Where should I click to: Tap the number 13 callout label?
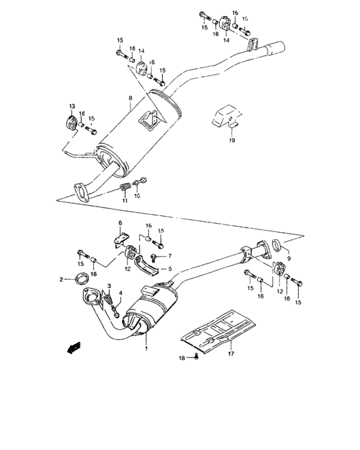click(x=73, y=105)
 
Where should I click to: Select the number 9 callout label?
click(x=287, y=259)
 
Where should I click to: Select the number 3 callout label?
click(x=110, y=285)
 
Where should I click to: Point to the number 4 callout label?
click(x=120, y=294)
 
